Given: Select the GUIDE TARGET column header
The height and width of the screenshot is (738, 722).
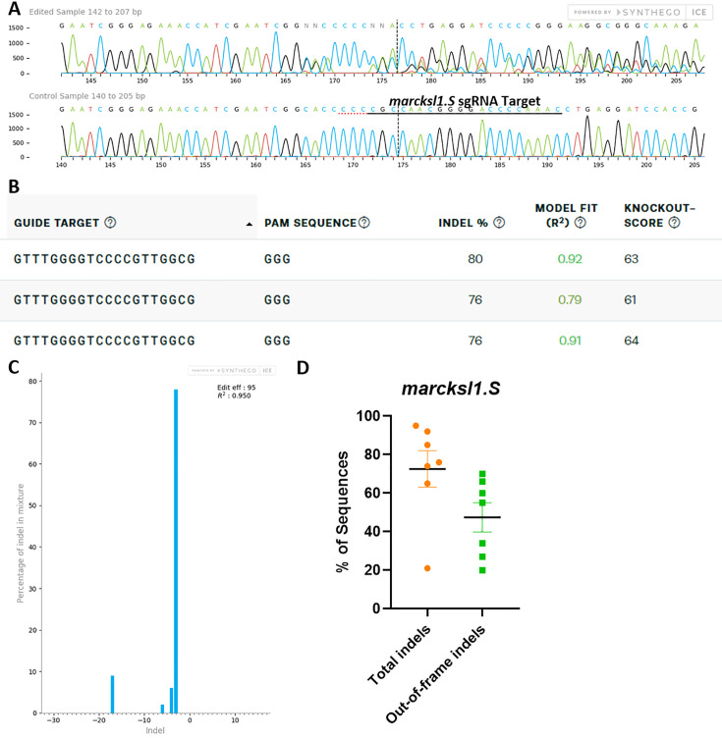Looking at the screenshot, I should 57,223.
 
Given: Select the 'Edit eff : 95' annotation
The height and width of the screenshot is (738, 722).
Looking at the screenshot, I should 236,390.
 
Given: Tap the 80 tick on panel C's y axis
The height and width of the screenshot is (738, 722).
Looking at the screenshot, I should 33,381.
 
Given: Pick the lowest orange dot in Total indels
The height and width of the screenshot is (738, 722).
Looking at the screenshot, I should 428,568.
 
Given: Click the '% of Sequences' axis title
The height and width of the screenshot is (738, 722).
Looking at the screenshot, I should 343,511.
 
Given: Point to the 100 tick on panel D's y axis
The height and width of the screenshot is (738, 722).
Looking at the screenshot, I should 367,416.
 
